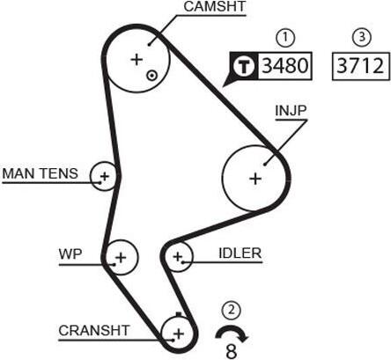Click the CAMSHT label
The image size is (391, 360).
click(215, 7)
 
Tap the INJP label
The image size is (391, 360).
click(291, 111)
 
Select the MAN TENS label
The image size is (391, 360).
click(41, 173)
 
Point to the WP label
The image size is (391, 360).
click(70, 254)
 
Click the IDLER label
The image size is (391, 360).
click(240, 253)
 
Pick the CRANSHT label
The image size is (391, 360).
click(94, 331)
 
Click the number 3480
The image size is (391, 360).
click(284, 65)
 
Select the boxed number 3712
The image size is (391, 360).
click(360, 66)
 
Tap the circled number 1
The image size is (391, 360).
click(285, 38)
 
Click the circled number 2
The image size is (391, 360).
click(232, 310)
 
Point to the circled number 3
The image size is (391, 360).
click(361, 37)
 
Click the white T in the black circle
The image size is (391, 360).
click(244, 66)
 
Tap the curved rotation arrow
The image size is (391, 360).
click(232, 328)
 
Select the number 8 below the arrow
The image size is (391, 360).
click(232, 351)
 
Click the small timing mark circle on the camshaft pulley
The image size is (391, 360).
click(152, 76)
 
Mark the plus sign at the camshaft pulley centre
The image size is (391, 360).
click(136, 60)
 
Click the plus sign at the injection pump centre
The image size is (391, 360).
click(255, 179)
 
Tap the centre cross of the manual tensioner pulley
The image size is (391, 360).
click(105, 176)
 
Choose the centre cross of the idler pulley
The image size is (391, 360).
click(178, 257)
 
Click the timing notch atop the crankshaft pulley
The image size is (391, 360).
click(179, 315)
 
